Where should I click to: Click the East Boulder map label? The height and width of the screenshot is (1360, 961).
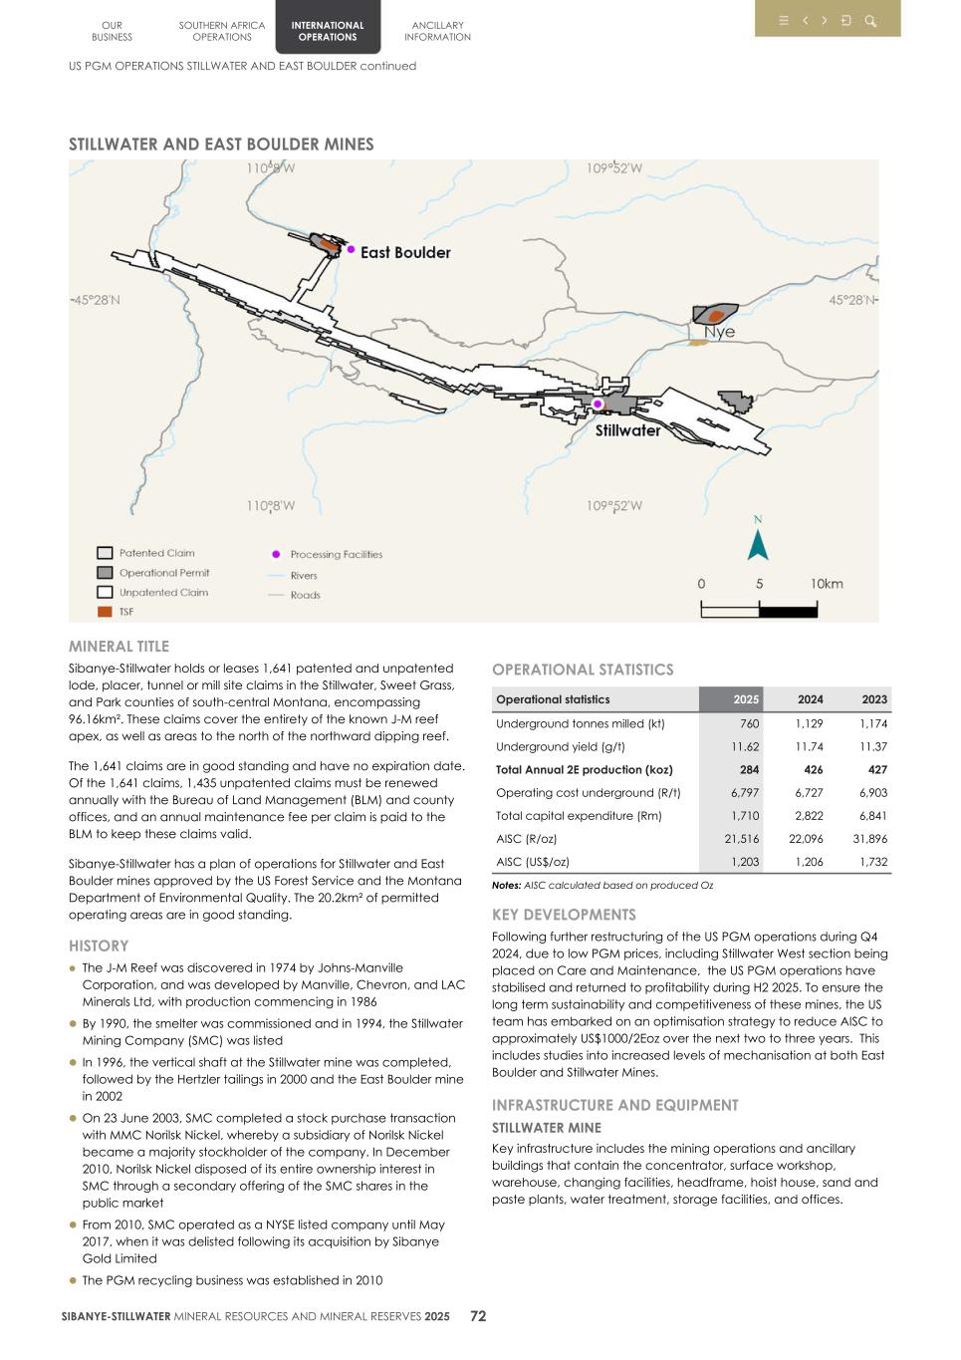pyautogui.click(x=405, y=253)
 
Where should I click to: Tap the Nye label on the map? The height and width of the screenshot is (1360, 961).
pyautogui.click(x=719, y=332)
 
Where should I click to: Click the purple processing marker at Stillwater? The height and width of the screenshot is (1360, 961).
pyautogui.click(x=598, y=404)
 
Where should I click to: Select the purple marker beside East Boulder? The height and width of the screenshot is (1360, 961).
pyautogui.click(x=351, y=249)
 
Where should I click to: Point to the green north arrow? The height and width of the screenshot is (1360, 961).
pyautogui.click(x=758, y=544)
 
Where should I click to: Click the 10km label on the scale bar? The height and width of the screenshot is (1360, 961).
pyautogui.click(x=826, y=584)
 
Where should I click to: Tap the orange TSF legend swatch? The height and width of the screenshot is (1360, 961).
pyautogui.click(x=105, y=612)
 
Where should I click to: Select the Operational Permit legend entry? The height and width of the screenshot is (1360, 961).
pyautogui.click(x=163, y=573)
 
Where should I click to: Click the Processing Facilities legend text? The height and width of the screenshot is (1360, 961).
pyautogui.click(x=336, y=554)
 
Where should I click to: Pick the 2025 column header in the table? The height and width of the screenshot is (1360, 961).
pyautogui.click(x=745, y=699)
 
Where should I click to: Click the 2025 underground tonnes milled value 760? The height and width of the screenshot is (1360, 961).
pyautogui.click(x=749, y=724)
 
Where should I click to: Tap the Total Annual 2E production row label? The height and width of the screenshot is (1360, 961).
pyautogui.click(x=584, y=770)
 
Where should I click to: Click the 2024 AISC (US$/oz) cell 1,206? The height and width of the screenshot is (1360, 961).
pyautogui.click(x=809, y=862)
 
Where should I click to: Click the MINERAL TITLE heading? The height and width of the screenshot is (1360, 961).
pyautogui.click(x=119, y=647)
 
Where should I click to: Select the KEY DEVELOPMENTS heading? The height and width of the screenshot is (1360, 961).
pyautogui.click(x=564, y=915)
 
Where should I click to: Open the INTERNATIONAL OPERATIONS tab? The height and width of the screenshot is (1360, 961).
pyautogui.click(x=328, y=31)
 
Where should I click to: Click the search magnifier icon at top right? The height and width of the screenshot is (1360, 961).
pyautogui.click(x=870, y=21)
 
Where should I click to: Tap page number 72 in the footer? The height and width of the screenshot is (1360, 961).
pyautogui.click(x=478, y=1316)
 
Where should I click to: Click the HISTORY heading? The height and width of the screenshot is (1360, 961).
pyautogui.click(x=99, y=946)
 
